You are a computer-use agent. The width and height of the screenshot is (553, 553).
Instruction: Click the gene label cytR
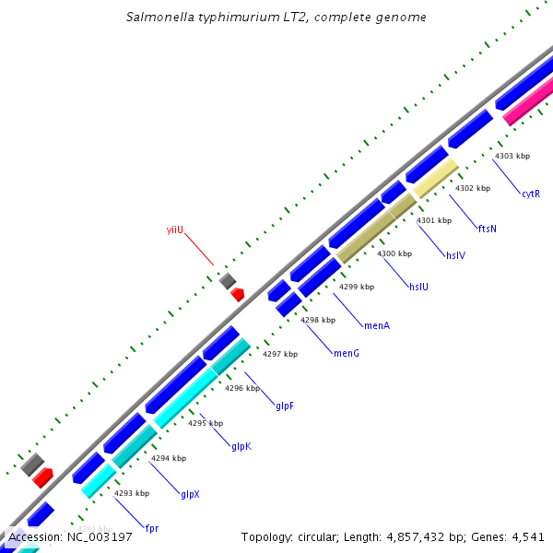[530, 194]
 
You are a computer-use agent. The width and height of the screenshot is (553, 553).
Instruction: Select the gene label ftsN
[488, 229]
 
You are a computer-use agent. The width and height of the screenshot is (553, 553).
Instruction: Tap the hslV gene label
[456, 255]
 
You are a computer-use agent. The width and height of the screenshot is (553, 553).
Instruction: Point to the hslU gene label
[418, 287]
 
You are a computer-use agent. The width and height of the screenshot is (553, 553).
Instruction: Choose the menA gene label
[377, 325]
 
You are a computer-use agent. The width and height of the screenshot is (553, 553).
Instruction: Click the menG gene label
[346, 353]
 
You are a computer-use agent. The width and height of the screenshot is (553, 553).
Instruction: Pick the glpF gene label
[285, 405]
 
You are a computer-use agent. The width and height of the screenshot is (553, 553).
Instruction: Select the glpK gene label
[241, 446]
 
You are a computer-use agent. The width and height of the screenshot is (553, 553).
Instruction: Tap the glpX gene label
[190, 494]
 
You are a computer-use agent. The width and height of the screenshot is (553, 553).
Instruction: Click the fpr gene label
[152, 528]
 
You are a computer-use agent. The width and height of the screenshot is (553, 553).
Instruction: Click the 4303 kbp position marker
[512, 156]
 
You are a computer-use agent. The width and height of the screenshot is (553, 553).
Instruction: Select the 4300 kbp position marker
[394, 253]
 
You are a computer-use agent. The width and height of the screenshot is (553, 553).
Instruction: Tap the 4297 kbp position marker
[280, 354]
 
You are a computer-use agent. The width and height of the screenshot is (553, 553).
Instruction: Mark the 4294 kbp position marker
[169, 458]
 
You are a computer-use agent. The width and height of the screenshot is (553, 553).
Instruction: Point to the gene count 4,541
[527, 536]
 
